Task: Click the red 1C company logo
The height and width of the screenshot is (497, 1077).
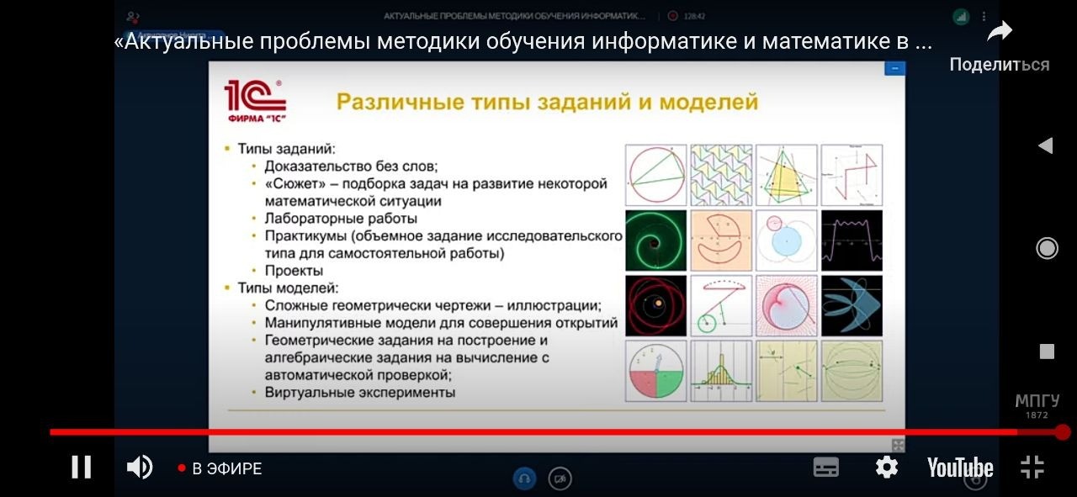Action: (x=255, y=101)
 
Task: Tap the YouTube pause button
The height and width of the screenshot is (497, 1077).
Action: (x=82, y=467)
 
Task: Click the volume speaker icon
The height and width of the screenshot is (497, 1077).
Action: (x=139, y=467)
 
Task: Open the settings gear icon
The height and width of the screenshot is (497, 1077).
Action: (x=886, y=467)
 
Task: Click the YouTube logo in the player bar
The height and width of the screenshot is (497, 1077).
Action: (x=959, y=468)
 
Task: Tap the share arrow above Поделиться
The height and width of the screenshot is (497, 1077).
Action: (x=999, y=33)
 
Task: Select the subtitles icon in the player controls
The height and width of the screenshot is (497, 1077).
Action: (x=825, y=467)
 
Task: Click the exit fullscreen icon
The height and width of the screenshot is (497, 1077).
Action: (x=1032, y=467)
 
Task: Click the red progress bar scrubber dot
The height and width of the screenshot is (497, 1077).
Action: (x=1062, y=432)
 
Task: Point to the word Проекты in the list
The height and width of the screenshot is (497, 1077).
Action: (x=294, y=271)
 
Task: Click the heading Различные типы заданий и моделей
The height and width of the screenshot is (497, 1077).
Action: (x=547, y=103)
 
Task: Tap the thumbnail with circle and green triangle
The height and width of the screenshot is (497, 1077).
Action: (x=655, y=175)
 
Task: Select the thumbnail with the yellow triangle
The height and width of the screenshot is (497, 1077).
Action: (x=786, y=175)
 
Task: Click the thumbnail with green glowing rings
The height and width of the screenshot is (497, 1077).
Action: (x=655, y=240)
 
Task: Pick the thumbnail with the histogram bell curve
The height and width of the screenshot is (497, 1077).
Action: (x=720, y=371)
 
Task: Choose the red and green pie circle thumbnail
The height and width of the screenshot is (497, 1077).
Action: (x=655, y=371)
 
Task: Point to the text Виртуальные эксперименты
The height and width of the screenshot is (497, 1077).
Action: (x=359, y=392)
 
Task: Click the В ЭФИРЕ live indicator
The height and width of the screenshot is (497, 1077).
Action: (x=220, y=468)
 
